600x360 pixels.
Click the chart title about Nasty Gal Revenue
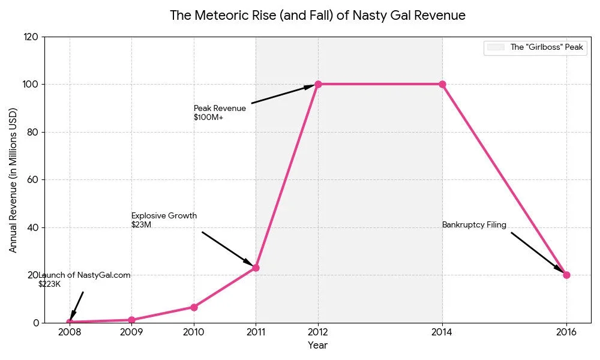tap(317, 16)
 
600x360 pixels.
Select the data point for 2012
tap(318, 84)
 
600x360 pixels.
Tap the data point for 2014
tap(442, 84)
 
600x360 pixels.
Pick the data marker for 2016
tap(566, 275)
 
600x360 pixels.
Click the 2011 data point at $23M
tap(256, 268)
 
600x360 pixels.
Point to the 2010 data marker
tap(194, 307)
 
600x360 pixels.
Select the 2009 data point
tap(131, 320)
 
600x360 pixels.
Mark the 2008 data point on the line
tap(70, 322)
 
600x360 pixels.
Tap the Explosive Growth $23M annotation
tap(164, 220)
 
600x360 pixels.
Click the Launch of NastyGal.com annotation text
tap(84, 275)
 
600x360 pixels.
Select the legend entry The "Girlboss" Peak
tap(535, 48)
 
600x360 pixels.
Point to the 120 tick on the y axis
tap(32, 37)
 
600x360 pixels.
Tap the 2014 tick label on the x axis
tap(442, 332)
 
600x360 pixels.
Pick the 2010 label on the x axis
tap(194, 332)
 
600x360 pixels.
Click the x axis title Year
tap(317, 346)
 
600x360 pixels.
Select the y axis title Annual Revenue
tap(13, 180)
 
